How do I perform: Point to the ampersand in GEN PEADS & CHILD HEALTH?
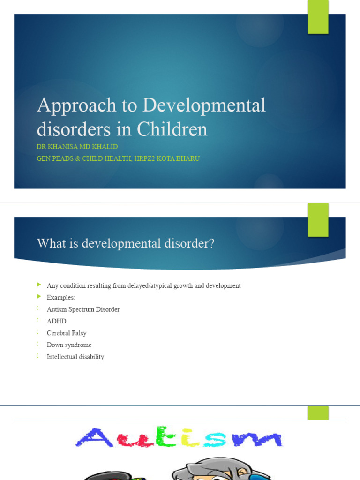click(78, 158)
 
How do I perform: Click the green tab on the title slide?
click(318, 17)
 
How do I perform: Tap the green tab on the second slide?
click(318, 219)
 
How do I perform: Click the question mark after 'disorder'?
click(212, 244)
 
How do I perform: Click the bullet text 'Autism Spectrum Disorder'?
click(83, 309)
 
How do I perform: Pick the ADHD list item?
click(56, 321)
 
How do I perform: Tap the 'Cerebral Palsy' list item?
click(67, 333)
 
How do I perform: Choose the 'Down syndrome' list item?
click(69, 345)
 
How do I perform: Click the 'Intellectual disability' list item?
click(75, 357)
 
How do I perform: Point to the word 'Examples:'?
click(60, 298)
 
